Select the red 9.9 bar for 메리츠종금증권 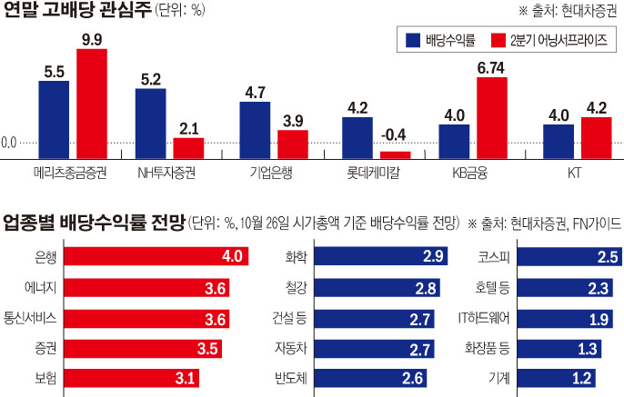92,104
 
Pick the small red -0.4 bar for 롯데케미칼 394,154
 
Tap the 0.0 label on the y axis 10,143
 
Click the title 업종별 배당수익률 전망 91,222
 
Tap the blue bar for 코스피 554,257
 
